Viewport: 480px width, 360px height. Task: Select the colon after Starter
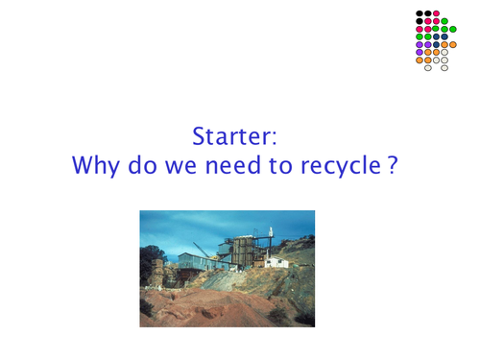point(274,137)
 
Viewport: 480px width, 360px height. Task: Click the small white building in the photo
point(277,261)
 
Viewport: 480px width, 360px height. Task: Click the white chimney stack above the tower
point(270,235)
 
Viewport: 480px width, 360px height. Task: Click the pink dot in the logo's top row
point(436,13)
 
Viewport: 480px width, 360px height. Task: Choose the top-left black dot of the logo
point(420,13)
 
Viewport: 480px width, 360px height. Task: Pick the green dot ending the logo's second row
point(453,30)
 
